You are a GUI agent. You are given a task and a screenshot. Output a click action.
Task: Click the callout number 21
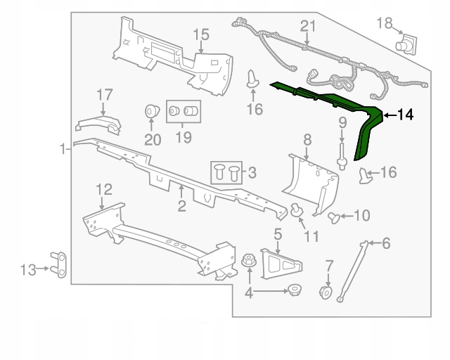tap(305, 26)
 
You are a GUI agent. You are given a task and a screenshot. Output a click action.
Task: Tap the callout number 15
tap(201, 34)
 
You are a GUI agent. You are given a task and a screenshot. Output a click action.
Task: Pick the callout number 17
tap(104, 94)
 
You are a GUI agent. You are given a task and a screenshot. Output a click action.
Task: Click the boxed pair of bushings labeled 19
tap(183, 111)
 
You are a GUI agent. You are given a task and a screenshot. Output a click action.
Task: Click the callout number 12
tap(103, 188)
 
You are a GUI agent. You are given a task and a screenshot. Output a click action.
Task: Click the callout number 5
tap(278, 233)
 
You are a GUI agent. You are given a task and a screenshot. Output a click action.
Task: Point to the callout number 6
tap(385, 244)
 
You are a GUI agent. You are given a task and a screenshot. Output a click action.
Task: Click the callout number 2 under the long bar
tap(181, 206)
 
